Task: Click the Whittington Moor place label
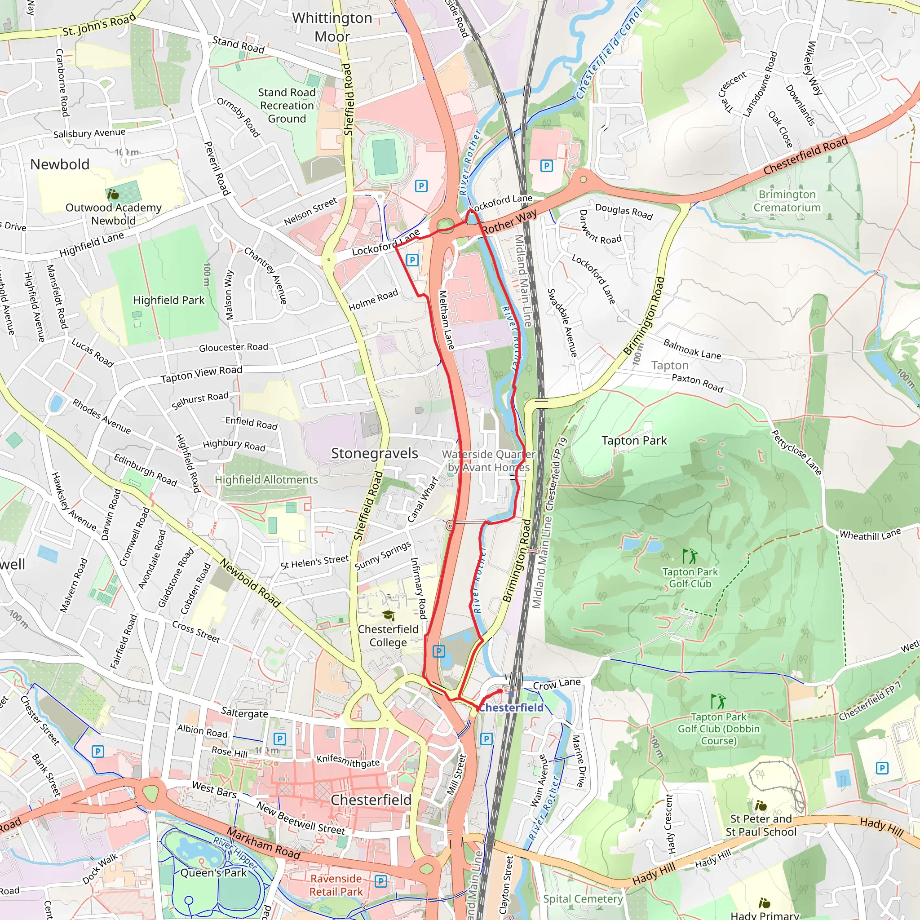click(x=332, y=27)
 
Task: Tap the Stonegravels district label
click(x=374, y=453)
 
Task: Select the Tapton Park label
click(x=634, y=441)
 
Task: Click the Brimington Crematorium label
click(x=787, y=201)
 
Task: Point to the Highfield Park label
click(x=168, y=300)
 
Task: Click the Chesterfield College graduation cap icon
click(x=388, y=616)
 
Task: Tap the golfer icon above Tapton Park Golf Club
click(x=690, y=556)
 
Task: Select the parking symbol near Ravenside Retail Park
click(x=380, y=881)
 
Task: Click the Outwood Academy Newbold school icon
click(x=113, y=194)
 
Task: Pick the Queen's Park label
click(x=213, y=873)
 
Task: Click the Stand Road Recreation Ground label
click(x=287, y=105)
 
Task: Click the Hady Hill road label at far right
click(x=881, y=827)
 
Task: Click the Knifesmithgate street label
click(x=348, y=761)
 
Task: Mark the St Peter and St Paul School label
click(x=761, y=825)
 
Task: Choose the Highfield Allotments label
click(x=266, y=479)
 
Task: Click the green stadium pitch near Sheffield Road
click(x=385, y=157)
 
